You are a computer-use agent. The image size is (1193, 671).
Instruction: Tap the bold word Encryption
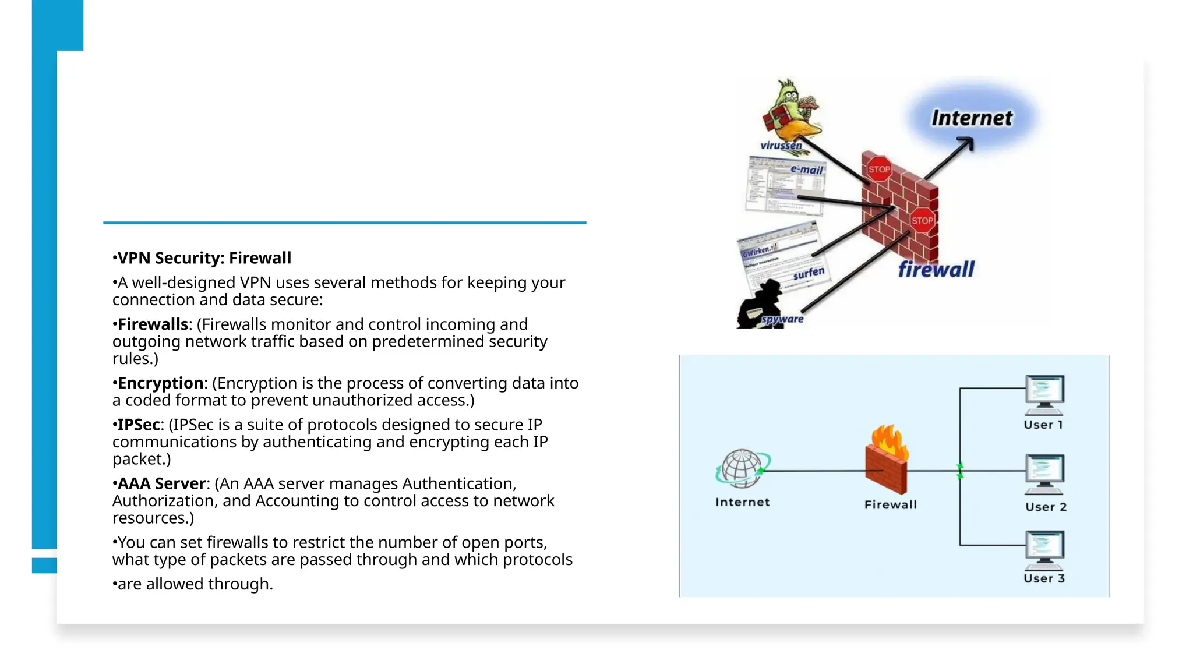160,383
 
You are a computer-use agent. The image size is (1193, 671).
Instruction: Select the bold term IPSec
139,425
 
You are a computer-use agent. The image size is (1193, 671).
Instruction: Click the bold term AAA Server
161,483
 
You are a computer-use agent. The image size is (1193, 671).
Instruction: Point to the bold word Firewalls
153,324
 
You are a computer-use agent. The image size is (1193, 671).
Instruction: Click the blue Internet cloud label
972,118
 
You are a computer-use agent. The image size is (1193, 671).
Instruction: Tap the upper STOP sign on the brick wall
878,169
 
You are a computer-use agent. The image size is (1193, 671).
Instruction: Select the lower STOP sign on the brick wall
922,220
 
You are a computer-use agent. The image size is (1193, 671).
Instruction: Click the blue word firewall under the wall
936,269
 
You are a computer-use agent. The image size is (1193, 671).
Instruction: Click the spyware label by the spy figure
782,319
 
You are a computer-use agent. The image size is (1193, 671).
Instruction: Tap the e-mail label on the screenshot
807,169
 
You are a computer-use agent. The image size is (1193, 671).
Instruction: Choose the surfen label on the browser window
809,273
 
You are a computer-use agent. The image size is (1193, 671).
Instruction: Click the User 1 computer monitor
1044,391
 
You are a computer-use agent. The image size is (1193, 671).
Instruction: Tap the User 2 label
1046,507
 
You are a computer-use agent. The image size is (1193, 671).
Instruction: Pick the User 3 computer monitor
1044,548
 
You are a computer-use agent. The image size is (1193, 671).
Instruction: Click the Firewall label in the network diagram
890,505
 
